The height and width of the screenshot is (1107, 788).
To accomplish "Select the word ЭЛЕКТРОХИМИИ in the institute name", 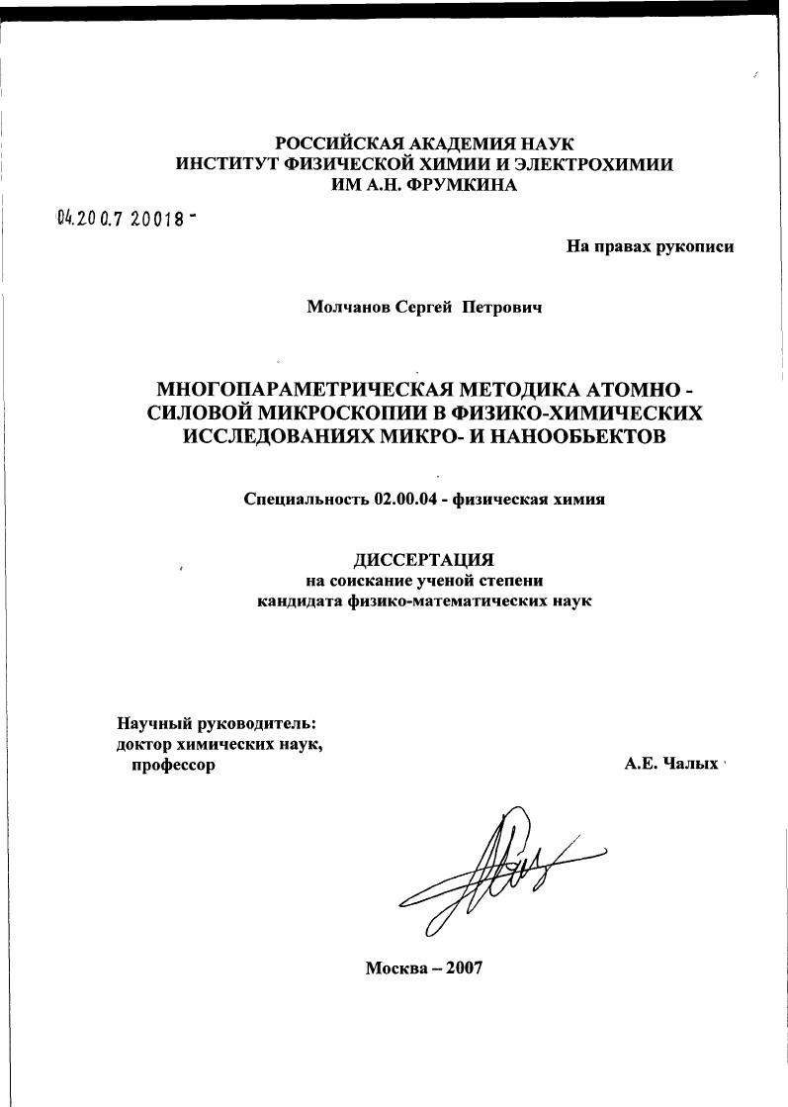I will click(593, 164).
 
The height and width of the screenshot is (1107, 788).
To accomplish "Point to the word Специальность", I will click(306, 500).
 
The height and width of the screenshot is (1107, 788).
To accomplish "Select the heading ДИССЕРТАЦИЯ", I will click(423, 561).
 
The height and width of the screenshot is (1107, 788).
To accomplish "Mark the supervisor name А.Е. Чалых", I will click(669, 765).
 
